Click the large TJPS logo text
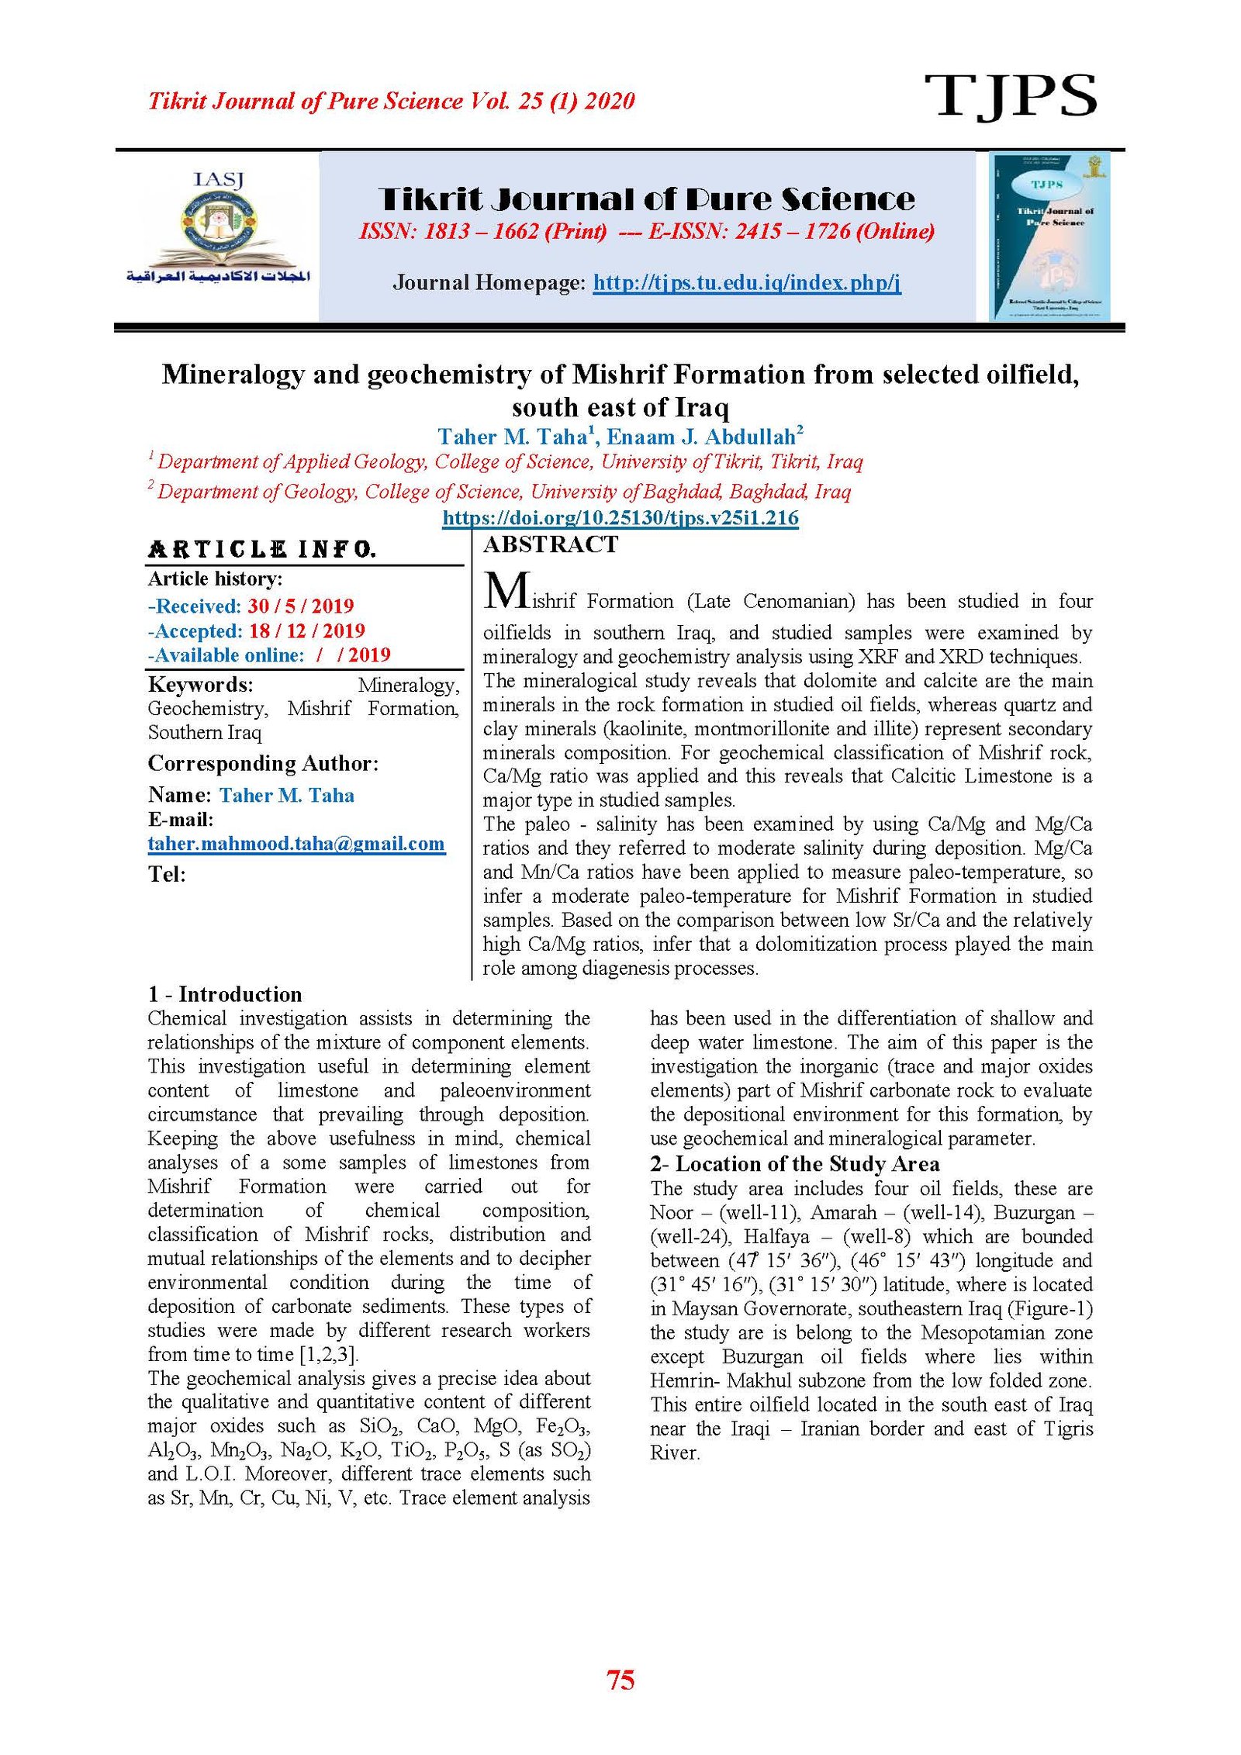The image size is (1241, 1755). tap(1010, 96)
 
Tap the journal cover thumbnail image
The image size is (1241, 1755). tap(1049, 237)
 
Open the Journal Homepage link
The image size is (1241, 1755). tap(746, 282)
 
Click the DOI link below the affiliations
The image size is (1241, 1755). tap(620, 517)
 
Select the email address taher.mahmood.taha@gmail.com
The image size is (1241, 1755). tap(296, 844)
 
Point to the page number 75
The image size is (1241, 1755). tap(620, 1680)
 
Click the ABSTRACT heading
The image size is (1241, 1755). tap(551, 544)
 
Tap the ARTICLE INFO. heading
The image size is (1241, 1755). tap(262, 550)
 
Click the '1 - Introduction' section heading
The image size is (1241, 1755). tap(225, 994)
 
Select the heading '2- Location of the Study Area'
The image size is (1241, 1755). tap(794, 1164)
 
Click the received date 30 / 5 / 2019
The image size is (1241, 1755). tap(300, 606)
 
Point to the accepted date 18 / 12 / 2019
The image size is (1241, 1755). tap(306, 630)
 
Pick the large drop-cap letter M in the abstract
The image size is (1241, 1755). tap(507, 591)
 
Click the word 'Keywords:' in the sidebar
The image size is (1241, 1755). tap(200, 685)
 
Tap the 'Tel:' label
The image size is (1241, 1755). tap(167, 875)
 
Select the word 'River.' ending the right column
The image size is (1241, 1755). tap(675, 1453)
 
